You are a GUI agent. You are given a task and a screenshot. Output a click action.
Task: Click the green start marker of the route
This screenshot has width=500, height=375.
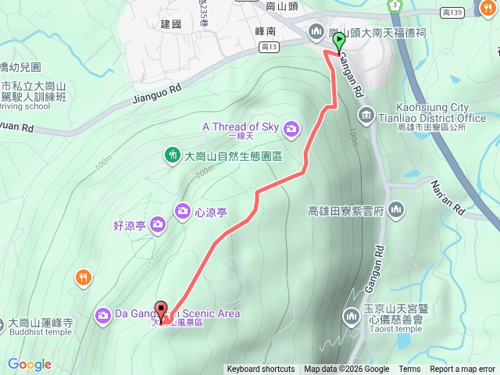pos(339,41)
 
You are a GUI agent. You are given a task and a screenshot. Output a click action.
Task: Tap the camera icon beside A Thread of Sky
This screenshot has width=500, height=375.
pos(291,127)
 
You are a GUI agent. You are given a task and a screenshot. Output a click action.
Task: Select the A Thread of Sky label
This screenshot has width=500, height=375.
pos(240,127)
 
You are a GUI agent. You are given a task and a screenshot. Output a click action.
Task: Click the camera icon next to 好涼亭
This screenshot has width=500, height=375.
pos(158,225)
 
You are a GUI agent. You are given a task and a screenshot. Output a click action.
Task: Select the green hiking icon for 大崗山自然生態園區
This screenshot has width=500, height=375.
pos(173,155)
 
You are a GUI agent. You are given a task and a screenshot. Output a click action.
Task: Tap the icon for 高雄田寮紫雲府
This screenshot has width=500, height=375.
pos(396,209)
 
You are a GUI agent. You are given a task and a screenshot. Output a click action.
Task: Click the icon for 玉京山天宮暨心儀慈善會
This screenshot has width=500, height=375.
pos(351,316)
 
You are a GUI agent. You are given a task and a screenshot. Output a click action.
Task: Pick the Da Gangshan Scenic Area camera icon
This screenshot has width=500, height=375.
pos(103,315)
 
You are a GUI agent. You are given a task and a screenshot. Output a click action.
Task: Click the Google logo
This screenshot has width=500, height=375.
pos(30,364)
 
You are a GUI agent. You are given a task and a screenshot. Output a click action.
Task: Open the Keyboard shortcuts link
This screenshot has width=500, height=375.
pos(261,370)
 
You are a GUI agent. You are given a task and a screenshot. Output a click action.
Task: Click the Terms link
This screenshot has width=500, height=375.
pos(409,370)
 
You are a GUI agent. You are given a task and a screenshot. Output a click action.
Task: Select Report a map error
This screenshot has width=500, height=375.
pos(462,370)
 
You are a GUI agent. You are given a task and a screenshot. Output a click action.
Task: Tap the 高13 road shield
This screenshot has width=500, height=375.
pos(270,48)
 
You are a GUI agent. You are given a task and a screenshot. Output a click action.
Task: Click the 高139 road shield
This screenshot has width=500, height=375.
pos(452,12)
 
